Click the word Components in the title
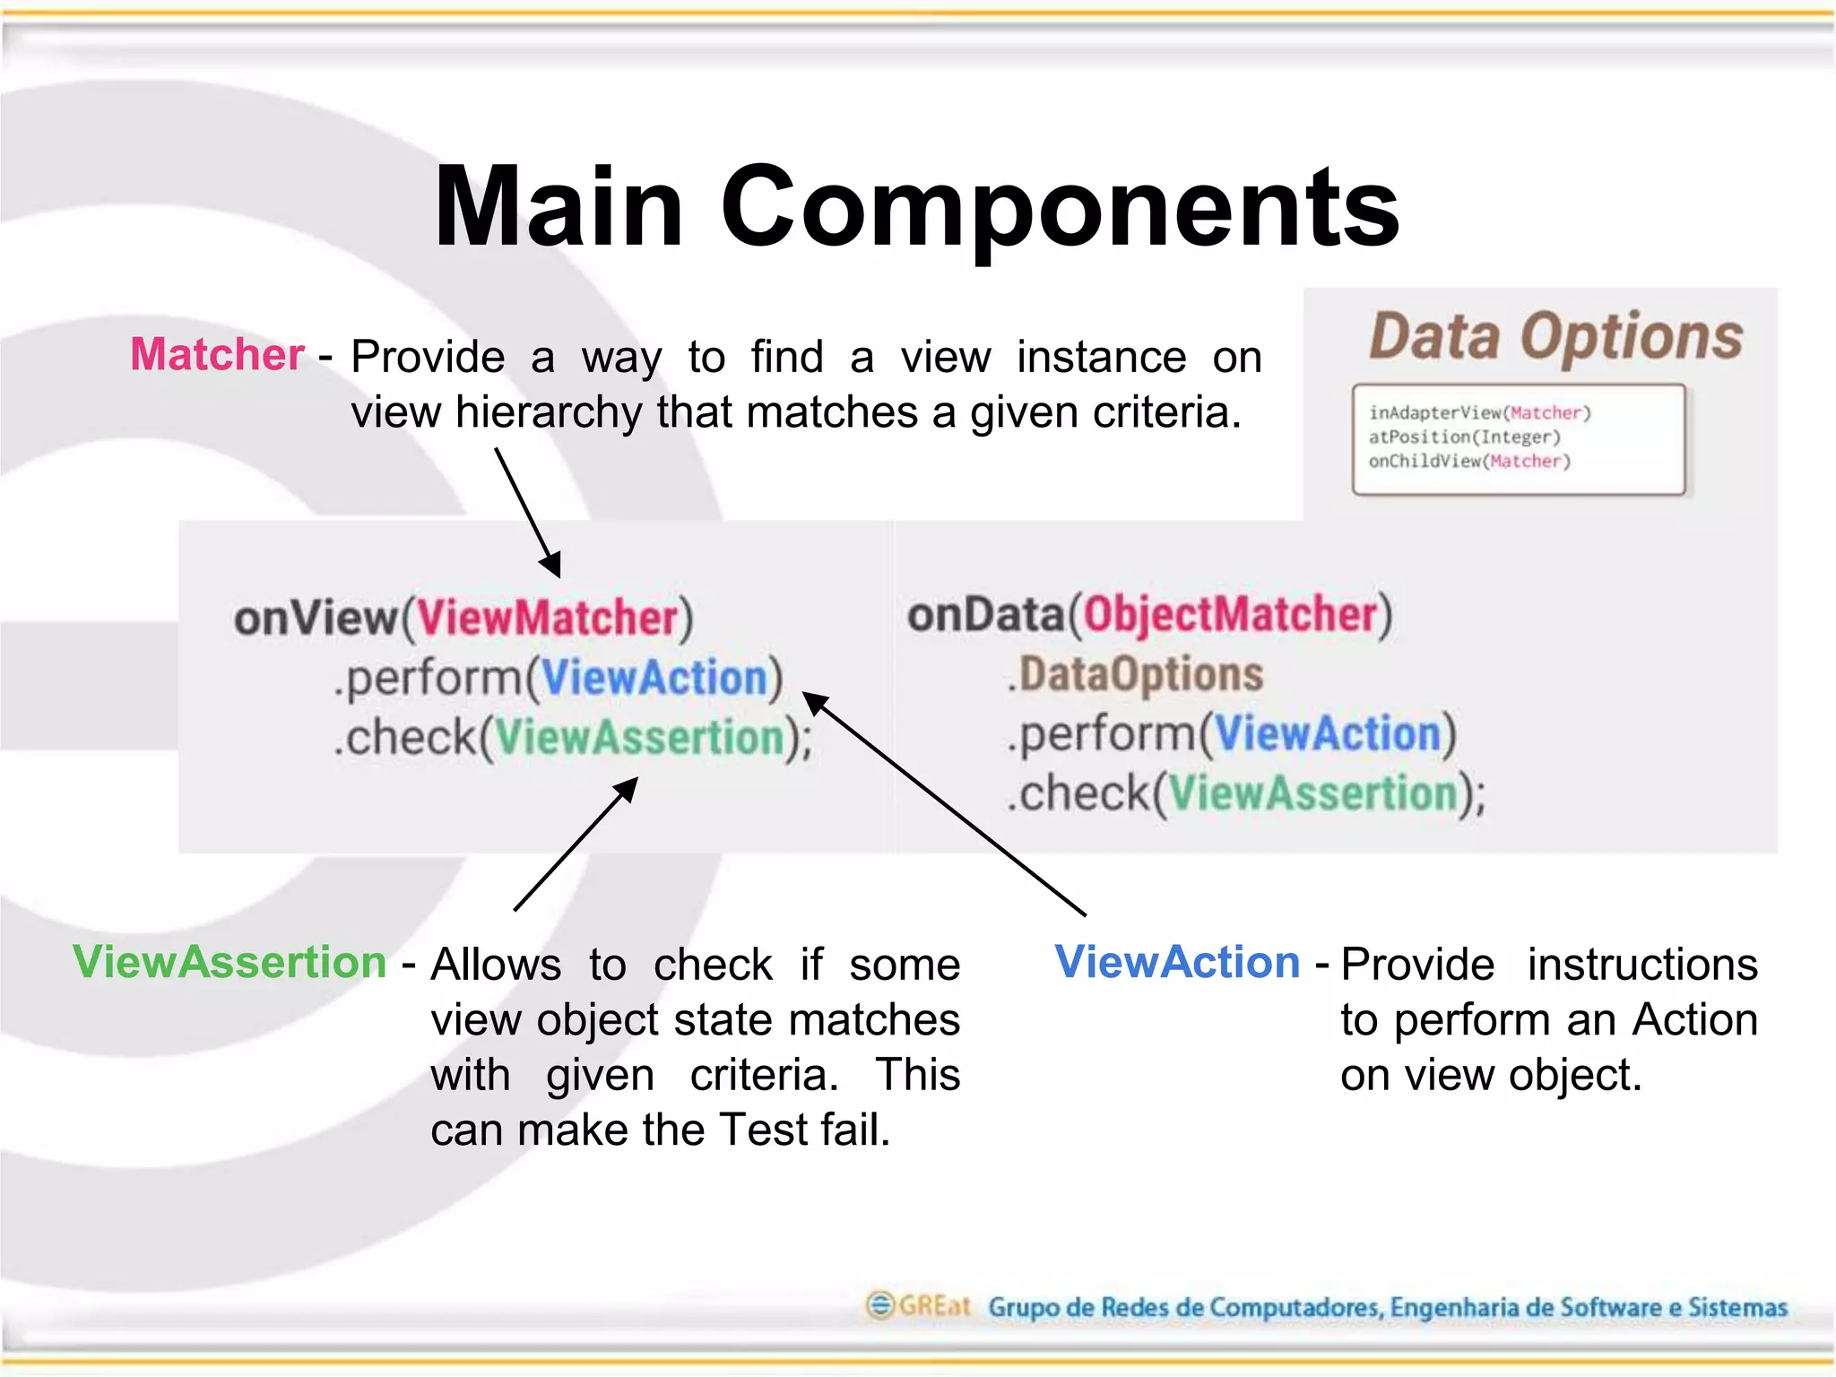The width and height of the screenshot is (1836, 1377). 1060,208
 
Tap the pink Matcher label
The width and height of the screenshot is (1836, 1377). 218,354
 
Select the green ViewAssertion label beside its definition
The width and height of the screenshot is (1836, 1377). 229,962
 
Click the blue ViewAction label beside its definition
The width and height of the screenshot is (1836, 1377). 1177,962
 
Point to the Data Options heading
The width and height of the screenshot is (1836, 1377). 1555,337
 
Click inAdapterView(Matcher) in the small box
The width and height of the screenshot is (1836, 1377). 1479,412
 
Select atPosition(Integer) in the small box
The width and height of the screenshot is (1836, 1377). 1464,437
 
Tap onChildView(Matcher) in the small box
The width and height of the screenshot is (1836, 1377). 1469,461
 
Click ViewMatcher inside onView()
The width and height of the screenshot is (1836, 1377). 548,618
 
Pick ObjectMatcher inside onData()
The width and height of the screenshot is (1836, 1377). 1230,615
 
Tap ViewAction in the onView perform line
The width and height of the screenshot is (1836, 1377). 654,677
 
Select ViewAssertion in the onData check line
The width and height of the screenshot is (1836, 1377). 1314,793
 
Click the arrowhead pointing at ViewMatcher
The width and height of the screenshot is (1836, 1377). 552,566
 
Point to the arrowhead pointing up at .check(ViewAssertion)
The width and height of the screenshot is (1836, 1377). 628,789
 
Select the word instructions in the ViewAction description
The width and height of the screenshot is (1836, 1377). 1642,965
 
